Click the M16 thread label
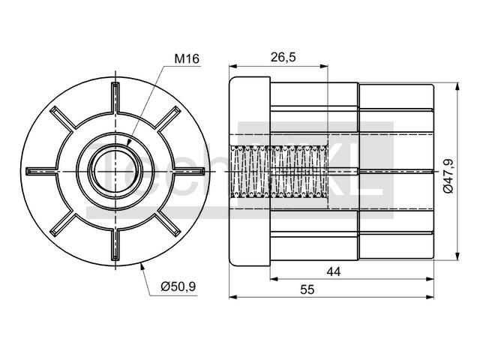click(187, 58)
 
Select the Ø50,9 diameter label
click(178, 286)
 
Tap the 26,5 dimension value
click(283, 57)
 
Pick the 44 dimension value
click(333, 271)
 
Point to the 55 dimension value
click(307, 289)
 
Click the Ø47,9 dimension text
click(448, 176)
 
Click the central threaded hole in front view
click(115, 172)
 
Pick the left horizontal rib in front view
click(42, 172)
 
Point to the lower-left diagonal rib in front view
click(63, 224)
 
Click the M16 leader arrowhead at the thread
click(128, 143)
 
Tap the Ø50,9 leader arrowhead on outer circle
click(142, 267)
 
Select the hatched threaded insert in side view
click(278, 172)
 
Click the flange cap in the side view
click(250, 171)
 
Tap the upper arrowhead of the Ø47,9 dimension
click(457, 87)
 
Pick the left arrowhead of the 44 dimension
click(274, 278)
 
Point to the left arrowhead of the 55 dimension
click(234, 296)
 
